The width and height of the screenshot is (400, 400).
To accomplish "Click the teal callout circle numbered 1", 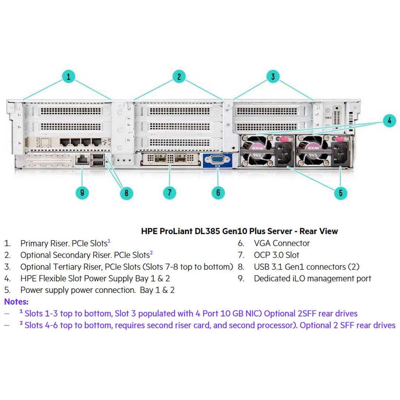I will pyautogui.click(x=69, y=77).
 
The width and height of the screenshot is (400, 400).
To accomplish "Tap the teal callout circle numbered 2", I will pyautogui.click(x=179, y=77).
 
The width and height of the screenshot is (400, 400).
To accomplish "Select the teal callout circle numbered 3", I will pyautogui.click(x=273, y=77).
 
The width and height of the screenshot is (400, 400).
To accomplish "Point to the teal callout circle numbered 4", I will pyautogui.click(x=389, y=121).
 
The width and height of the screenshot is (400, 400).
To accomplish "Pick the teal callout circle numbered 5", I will pyautogui.click(x=340, y=193).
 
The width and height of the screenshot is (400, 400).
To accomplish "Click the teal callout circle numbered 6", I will pyautogui.click(x=218, y=193).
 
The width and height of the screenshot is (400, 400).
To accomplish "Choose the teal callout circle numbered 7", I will pyautogui.click(x=169, y=193).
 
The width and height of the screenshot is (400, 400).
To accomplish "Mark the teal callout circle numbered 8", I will pyautogui.click(x=126, y=193).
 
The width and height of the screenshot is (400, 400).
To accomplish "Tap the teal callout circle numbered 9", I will pyautogui.click(x=82, y=193).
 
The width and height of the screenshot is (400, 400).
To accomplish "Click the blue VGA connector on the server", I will pyautogui.click(x=217, y=160).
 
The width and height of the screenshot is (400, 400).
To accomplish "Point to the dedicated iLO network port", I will pyautogui.click(x=81, y=160).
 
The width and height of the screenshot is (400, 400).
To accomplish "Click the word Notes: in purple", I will pyautogui.click(x=16, y=302).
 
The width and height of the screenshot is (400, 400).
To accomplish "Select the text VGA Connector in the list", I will pyautogui.click(x=281, y=243).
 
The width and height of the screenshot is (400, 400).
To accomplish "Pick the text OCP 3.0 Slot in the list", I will pyautogui.click(x=276, y=255).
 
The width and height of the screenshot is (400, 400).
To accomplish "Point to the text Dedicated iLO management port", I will pyautogui.click(x=312, y=279).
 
